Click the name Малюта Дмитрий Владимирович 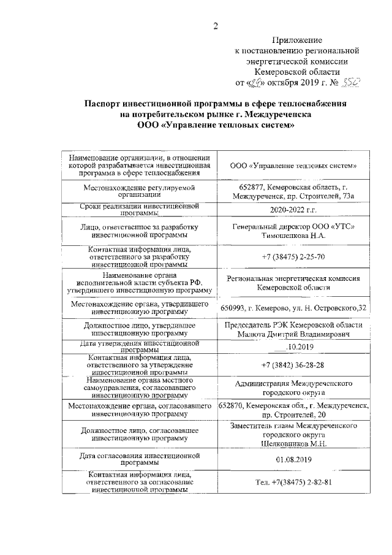tap(294, 335)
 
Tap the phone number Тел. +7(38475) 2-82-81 tap(294, 482)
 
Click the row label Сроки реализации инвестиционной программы tap(140, 210)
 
